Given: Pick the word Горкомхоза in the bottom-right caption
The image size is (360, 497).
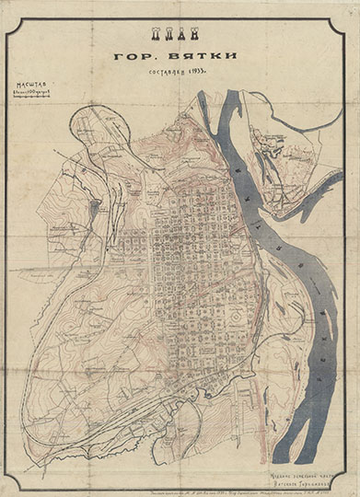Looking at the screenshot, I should click(x=314, y=470).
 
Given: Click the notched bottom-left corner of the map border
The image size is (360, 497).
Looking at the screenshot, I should click(x=10, y=485).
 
